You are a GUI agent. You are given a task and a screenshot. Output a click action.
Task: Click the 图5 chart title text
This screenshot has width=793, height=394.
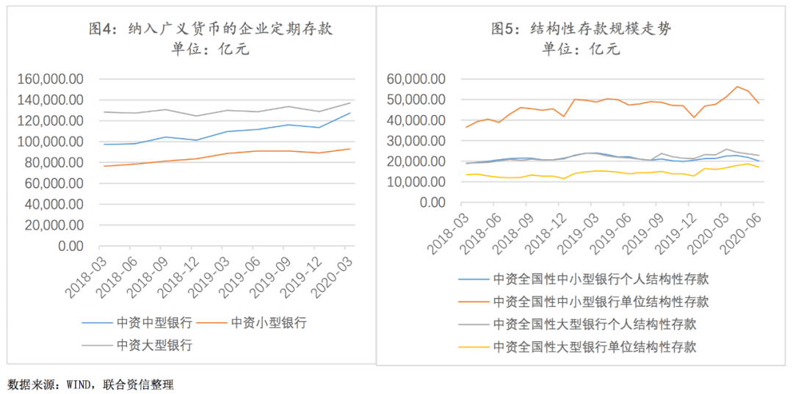582,29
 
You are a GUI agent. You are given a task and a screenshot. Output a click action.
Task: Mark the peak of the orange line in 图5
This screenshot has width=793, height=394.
737,87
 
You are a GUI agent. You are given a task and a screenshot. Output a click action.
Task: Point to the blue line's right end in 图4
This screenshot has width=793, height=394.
350,113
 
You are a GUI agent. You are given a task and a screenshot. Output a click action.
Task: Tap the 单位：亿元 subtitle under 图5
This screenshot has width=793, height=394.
581,50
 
